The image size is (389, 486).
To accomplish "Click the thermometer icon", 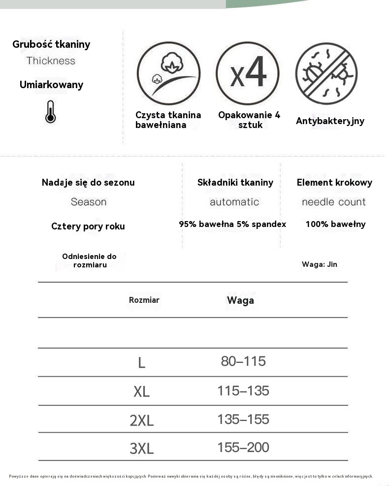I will coord(50,111).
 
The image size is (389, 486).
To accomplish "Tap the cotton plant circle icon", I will coord(168,73).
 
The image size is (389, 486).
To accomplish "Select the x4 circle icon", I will coord(248,73).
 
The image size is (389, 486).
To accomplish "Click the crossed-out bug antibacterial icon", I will coord(326,73).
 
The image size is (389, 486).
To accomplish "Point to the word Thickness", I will coord(51,61).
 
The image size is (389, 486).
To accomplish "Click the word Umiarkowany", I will coord(51,85).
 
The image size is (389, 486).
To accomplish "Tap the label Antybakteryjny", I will coord(330,121).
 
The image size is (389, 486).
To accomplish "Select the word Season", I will coord(89,202).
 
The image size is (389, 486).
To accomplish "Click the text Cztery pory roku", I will coord(88,227).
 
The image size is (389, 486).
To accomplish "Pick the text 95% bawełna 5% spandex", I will coord(232,224).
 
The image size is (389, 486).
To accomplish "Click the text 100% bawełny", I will coord(335,224).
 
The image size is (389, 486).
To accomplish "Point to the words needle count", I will coord(334,202).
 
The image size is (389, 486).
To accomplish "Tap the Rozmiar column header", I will coord(144,300).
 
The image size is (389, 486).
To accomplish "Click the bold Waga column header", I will coord(240,300).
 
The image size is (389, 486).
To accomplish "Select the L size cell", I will coord(142,363).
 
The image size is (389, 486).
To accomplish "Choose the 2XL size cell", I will coord(142,421).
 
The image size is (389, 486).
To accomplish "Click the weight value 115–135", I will coord(243,391).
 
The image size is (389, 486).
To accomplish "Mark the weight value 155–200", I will coord(243,448).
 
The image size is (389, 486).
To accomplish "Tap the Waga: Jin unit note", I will coord(320,264).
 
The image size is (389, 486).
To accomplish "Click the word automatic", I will coord(234,202).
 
